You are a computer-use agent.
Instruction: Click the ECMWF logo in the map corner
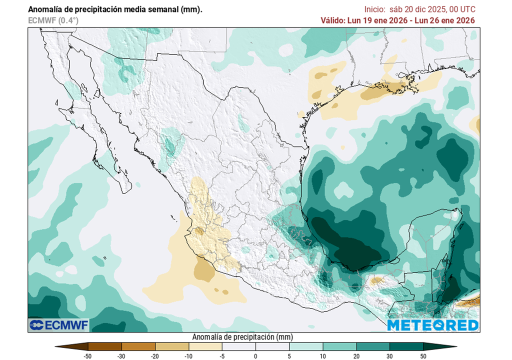59,325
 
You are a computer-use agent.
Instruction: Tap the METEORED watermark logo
433,325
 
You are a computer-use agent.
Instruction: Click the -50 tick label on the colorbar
88,356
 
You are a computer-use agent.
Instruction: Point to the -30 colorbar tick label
121,356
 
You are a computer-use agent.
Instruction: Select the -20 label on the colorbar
155,356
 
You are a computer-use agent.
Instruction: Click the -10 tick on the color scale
188,356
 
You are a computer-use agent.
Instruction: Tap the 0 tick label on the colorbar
255,356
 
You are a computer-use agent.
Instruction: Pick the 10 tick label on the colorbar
322,356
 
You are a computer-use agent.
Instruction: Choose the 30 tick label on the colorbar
389,356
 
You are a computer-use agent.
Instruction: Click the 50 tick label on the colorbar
423,356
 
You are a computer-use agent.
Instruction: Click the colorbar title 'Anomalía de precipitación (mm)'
242,337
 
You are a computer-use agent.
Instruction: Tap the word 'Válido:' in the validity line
333,20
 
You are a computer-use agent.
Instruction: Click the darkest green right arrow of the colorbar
439,346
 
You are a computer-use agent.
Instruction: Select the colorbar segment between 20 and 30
372,346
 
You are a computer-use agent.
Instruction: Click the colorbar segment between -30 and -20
138,346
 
